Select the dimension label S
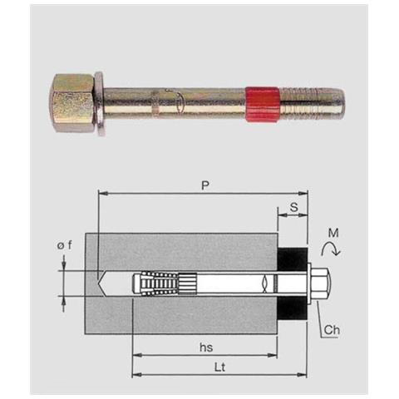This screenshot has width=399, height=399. tap(293, 204)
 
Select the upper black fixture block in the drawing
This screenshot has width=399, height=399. tap(292, 258)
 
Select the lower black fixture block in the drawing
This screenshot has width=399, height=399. tap(292, 309)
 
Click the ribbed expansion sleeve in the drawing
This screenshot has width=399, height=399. tap(158, 283)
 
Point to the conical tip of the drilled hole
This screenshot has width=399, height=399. tap(103, 283)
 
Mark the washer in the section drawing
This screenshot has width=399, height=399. tap(310, 283)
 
